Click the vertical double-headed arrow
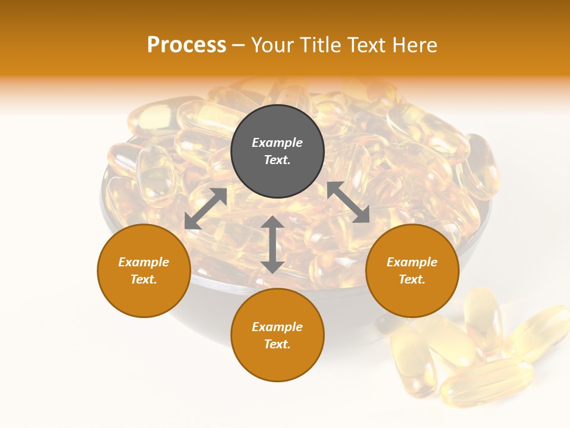click(273, 245)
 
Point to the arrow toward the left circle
click(205, 209)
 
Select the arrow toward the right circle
click(348, 203)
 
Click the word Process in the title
click(186, 45)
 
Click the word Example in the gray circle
click(277, 143)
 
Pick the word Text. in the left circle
click(144, 279)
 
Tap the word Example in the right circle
click(412, 262)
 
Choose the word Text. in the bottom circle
click(277, 344)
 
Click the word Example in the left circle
click(144, 262)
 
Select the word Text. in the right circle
click(412, 279)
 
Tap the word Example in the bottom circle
click(277, 327)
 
